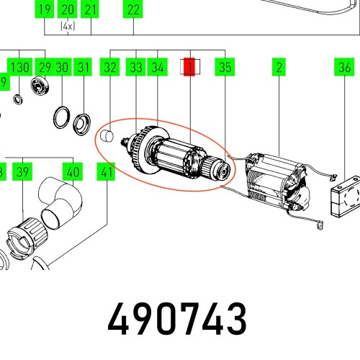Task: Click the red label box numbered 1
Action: (x=190, y=68)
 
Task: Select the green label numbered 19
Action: (x=45, y=10)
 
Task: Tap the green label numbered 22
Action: (x=132, y=10)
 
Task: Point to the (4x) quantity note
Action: (x=67, y=24)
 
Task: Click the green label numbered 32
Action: (x=109, y=68)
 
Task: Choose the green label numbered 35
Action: (x=225, y=68)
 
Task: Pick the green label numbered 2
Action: (x=277, y=68)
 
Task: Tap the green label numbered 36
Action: (x=343, y=68)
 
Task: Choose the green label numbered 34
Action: (x=158, y=68)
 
